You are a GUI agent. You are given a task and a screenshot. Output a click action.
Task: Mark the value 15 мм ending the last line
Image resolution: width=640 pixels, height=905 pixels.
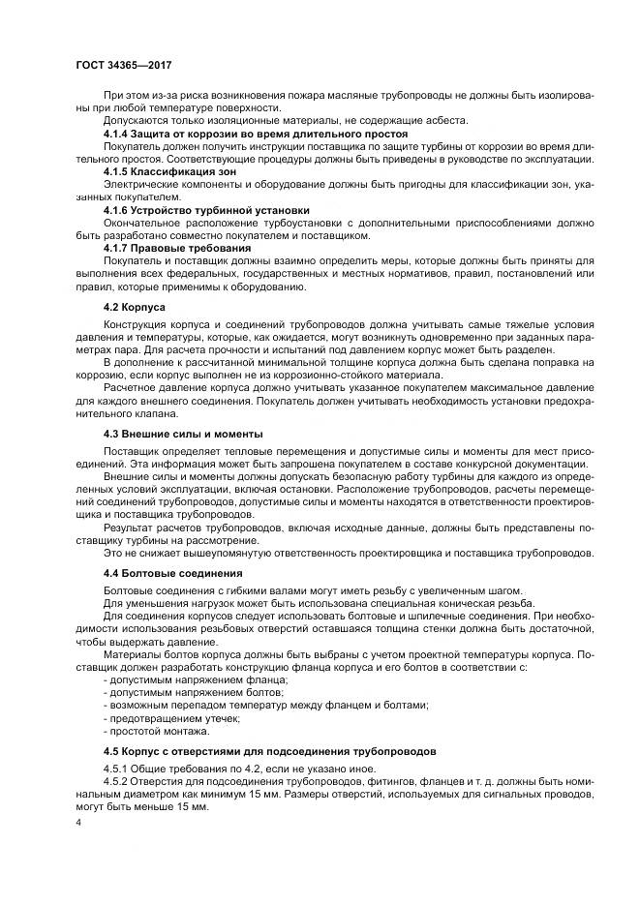(193, 808)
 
